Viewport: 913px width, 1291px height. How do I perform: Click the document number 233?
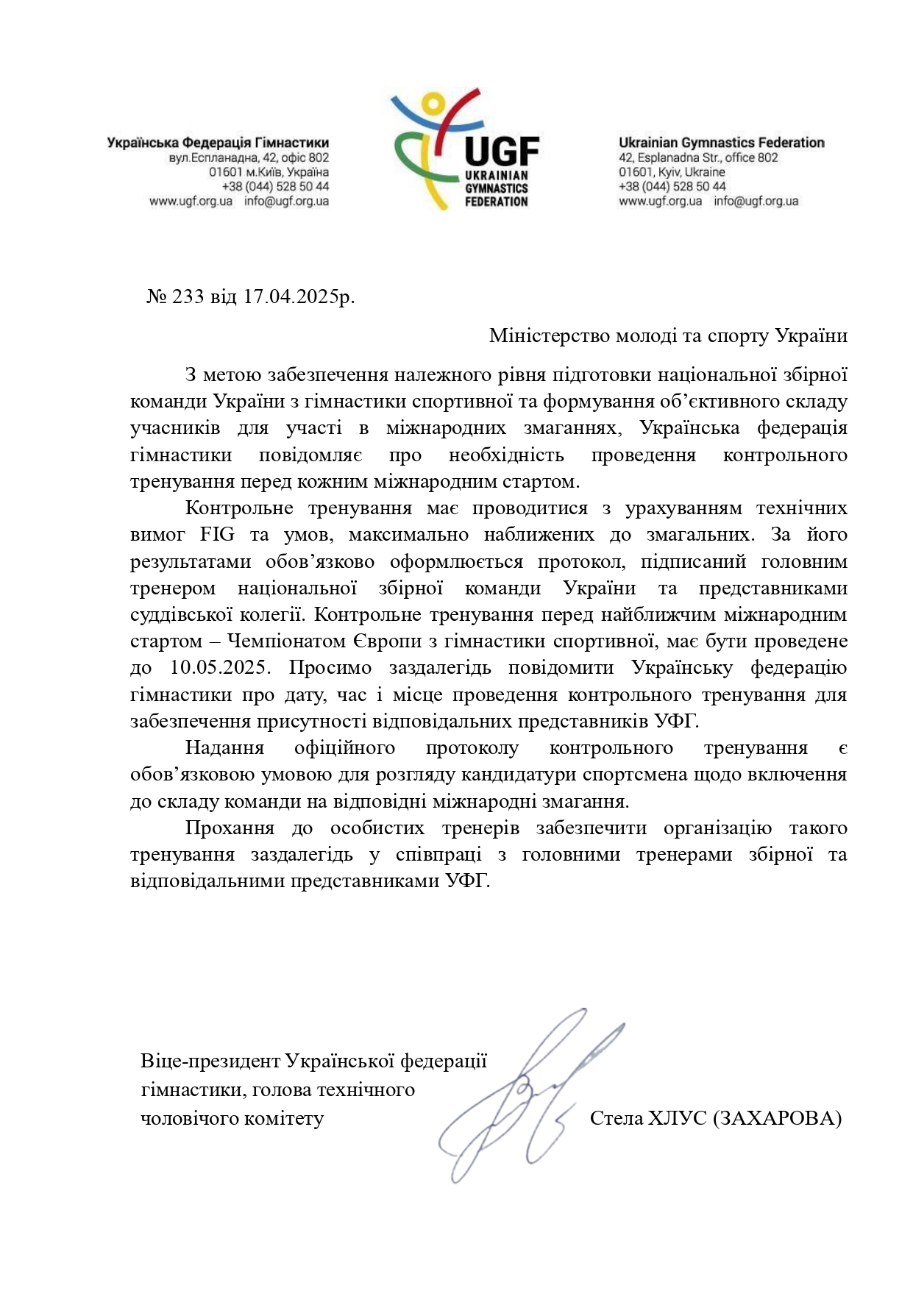[188, 297]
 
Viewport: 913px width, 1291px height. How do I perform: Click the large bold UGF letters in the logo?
[502, 152]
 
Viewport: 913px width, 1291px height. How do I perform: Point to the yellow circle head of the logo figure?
[433, 102]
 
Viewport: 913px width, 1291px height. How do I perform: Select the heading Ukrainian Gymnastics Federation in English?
[721, 143]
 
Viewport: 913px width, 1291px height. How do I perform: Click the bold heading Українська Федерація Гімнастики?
[218, 143]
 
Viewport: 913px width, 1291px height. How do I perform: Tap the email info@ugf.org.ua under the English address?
[756, 201]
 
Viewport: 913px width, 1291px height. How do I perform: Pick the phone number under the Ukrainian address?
[275, 187]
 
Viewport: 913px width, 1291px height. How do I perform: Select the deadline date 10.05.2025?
[221, 668]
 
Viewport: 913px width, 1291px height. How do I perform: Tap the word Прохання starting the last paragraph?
[230, 828]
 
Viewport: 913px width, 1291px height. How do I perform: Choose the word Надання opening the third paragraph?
[224, 748]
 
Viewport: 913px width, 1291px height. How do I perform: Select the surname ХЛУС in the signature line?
[677, 1119]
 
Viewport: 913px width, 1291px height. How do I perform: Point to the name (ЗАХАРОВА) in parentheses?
[777, 1119]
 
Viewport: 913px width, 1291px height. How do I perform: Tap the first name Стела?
[616, 1119]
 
